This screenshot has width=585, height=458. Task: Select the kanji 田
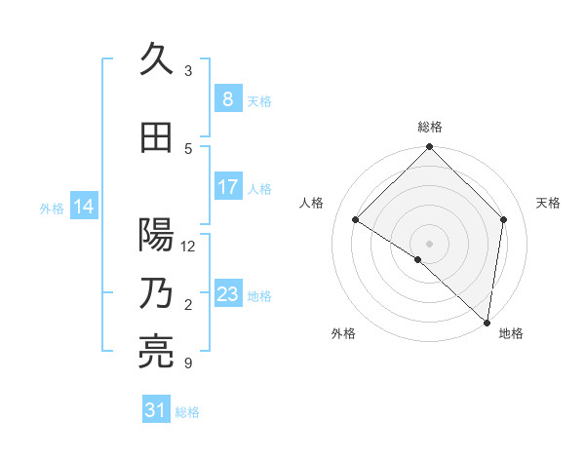(x=157, y=137)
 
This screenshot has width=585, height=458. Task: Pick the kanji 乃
(x=157, y=293)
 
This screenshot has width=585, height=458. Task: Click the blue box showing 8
(x=227, y=99)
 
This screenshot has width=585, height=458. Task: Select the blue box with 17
(x=227, y=187)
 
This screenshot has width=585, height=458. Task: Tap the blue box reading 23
(x=227, y=294)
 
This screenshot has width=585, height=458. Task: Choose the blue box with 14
(x=84, y=207)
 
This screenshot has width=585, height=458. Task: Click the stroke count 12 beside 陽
(x=189, y=247)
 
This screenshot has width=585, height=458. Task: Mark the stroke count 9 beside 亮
(x=188, y=363)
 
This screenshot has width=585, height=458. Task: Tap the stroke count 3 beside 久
(x=188, y=71)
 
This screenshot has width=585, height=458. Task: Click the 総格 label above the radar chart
(x=430, y=127)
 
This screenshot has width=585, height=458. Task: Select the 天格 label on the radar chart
(x=548, y=203)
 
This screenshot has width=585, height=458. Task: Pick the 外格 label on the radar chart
(x=343, y=333)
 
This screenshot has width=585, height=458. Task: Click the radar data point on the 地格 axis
(x=487, y=322)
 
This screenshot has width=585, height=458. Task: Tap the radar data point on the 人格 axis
(x=356, y=219)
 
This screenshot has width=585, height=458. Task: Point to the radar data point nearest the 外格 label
(x=418, y=259)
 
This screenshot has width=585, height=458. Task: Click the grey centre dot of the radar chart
(x=430, y=243)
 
